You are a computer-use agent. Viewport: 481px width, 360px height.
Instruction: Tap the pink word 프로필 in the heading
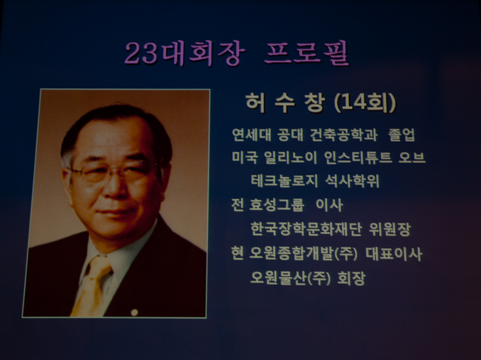click(307, 53)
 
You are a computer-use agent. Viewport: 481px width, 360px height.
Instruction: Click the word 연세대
click(252, 135)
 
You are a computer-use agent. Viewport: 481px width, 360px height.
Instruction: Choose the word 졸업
click(402, 135)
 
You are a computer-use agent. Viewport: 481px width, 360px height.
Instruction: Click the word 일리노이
click(290, 158)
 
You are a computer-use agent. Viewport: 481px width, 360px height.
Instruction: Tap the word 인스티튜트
click(358, 158)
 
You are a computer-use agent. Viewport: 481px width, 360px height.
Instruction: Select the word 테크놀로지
click(284, 181)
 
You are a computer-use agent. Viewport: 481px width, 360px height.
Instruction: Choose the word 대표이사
click(394, 254)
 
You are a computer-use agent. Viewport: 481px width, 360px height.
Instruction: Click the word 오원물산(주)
click(290, 278)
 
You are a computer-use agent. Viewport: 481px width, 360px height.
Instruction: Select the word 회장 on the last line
click(351, 278)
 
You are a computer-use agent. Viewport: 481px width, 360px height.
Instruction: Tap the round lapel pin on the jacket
click(134, 312)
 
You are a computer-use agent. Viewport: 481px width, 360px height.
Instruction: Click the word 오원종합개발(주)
click(303, 254)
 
